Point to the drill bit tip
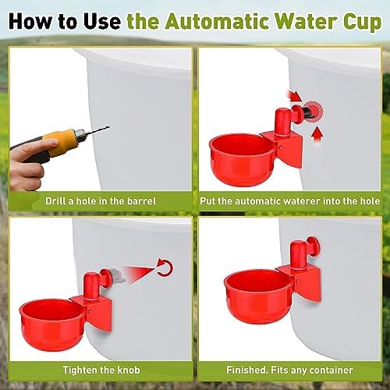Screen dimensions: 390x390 tap(109, 127)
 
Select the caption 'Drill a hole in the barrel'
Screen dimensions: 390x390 tap(101, 201)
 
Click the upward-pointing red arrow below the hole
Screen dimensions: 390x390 tap(317, 134)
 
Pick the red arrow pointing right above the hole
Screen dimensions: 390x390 tap(295, 97)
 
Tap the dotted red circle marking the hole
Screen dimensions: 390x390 tap(314, 111)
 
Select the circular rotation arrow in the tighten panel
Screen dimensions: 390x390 tap(165, 268)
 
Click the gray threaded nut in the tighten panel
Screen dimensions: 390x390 tap(119, 276)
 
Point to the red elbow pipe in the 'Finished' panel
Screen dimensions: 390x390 tap(299, 256)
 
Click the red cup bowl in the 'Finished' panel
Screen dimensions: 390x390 tap(257, 296)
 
